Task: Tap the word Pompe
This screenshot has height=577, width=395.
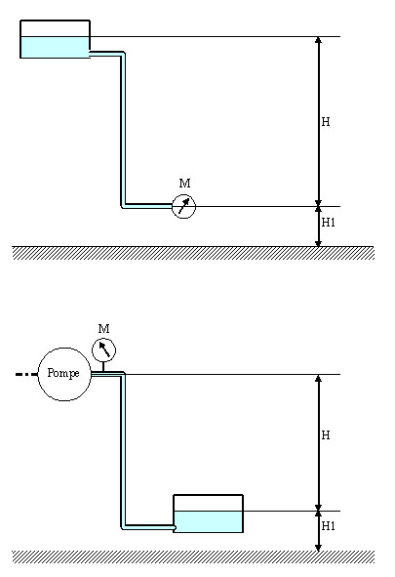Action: [x=63, y=373]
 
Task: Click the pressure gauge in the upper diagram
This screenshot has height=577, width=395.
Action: [x=183, y=206]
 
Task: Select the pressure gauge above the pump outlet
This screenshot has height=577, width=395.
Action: [x=103, y=350]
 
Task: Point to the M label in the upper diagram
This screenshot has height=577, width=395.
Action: [x=184, y=183]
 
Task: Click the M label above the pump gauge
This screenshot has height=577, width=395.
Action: [x=104, y=328]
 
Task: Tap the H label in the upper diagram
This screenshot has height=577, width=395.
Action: [x=326, y=122]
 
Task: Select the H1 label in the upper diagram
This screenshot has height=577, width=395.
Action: [x=328, y=223]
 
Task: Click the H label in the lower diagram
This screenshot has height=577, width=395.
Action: [x=326, y=435]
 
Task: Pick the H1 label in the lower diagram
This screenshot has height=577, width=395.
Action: [x=328, y=526]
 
